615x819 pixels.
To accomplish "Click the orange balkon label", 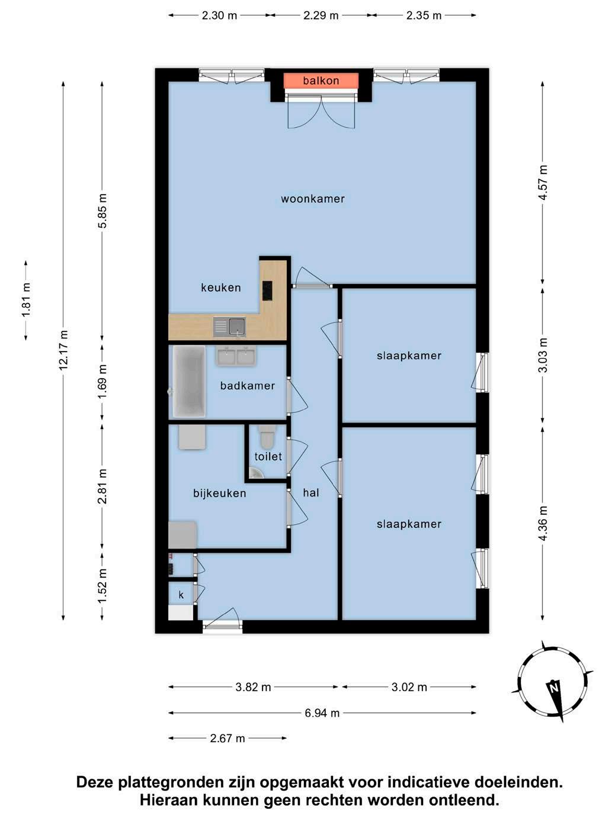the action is [x=321, y=80].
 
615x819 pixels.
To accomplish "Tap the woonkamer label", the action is [x=313, y=198].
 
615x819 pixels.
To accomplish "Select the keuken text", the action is [x=220, y=288].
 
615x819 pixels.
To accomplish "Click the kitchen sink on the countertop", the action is [x=229, y=327].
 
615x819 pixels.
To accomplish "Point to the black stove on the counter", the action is [x=267, y=291].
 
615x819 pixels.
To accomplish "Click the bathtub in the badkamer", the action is [x=189, y=381].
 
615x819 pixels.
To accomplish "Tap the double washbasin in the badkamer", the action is [x=236, y=356].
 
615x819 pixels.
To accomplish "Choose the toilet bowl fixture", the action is [x=267, y=437].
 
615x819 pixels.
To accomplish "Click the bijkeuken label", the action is [x=220, y=494].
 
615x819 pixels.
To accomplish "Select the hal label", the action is [x=311, y=493].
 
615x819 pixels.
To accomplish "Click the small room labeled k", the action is [x=181, y=595].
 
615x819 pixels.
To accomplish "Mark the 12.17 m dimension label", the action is [x=63, y=350].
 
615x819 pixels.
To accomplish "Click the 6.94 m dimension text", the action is [x=322, y=713].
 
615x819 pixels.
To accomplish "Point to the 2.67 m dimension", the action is [x=228, y=738].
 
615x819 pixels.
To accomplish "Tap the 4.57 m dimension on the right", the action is [x=543, y=182].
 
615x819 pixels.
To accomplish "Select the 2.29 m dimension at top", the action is [x=321, y=15].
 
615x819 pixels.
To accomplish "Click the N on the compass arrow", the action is [x=554, y=687].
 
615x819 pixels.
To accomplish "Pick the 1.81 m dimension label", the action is [x=25, y=300].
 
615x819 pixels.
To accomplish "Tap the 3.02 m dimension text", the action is [x=409, y=687].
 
